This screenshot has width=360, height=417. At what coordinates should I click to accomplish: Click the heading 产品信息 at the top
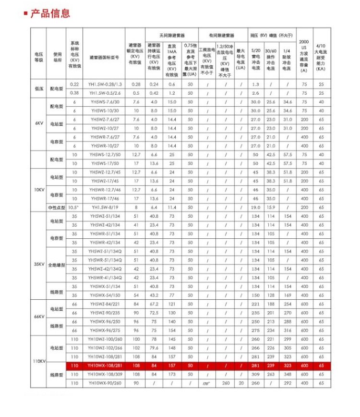pos(50,13)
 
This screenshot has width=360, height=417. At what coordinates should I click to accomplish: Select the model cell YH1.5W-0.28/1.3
pos(105,84)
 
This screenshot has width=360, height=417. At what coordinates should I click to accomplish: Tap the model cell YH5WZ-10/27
pos(105,128)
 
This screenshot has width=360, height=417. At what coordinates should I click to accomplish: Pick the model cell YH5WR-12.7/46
pos(105,189)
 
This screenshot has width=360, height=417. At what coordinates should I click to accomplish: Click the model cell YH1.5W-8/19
pos(105,207)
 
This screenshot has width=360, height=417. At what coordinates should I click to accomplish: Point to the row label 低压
pos(38,88)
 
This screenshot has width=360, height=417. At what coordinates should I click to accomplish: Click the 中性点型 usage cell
pos(56,207)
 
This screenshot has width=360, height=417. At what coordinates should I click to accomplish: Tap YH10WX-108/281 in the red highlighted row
pos(105,366)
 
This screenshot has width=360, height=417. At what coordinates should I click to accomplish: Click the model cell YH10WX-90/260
pos(105,383)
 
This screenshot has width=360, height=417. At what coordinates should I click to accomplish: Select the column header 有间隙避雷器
pos(221,36)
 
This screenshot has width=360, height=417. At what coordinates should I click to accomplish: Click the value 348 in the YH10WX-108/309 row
pos(288,374)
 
